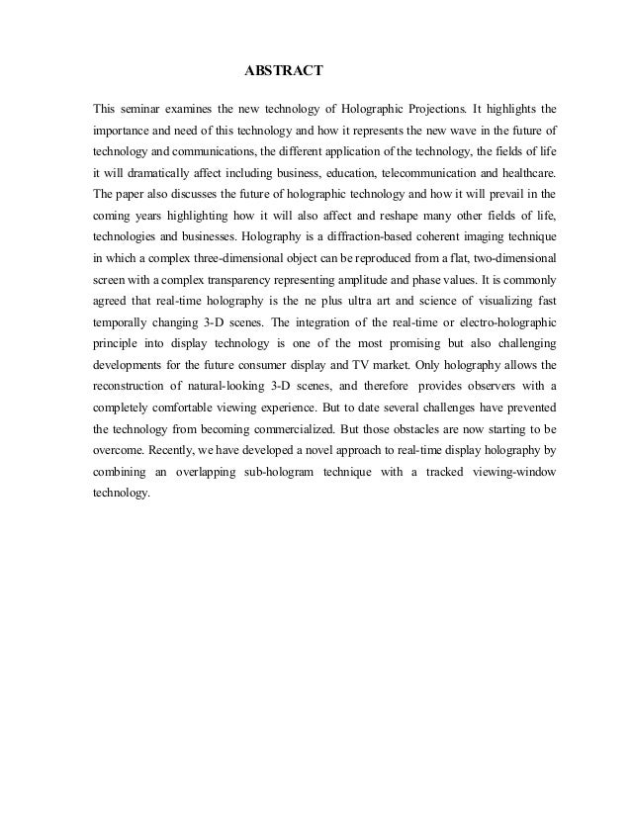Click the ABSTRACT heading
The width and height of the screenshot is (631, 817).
[284, 72]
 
